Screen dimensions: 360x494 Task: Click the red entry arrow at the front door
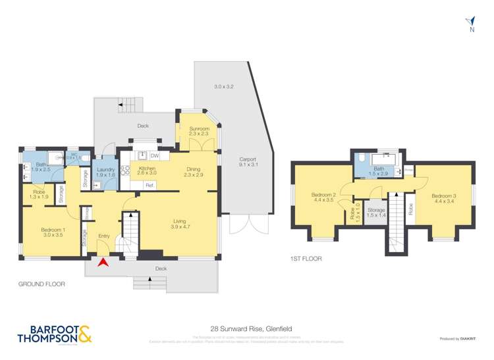[x=103, y=263]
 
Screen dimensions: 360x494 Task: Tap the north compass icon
[x=470, y=23]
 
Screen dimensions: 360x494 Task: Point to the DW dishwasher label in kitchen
[x=154, y=156]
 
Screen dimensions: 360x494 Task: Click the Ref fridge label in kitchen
[x=150, y=185]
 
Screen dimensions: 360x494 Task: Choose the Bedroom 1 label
[x=42, y=230]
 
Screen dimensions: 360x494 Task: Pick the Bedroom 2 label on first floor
[x=323, y=195]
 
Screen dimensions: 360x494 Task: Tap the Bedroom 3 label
[x=443, y=195]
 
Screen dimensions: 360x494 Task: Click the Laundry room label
[x=105, y=170]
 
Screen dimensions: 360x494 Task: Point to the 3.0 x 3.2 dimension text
[x=224, y=87]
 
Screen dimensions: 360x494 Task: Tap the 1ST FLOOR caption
[x=306, y=259]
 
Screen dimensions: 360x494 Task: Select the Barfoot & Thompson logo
[x=51, y=334]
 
